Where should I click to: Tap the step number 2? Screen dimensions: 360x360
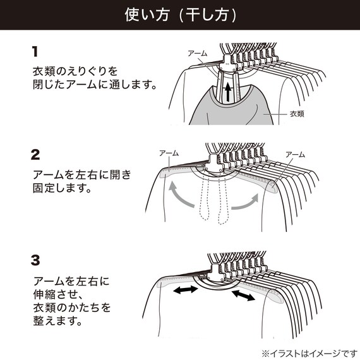click(x=36, y=154)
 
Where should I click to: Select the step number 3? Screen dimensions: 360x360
click(x=36, y=260)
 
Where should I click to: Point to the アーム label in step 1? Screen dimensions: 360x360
click(x=197, y=54)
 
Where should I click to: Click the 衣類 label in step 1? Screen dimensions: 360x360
click(x=297, y=114)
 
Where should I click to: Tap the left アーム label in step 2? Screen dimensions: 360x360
click(x=168, y=153)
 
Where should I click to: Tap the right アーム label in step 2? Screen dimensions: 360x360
click(x=295, y=153)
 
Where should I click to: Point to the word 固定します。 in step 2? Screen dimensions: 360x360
click(x=62, y=188)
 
